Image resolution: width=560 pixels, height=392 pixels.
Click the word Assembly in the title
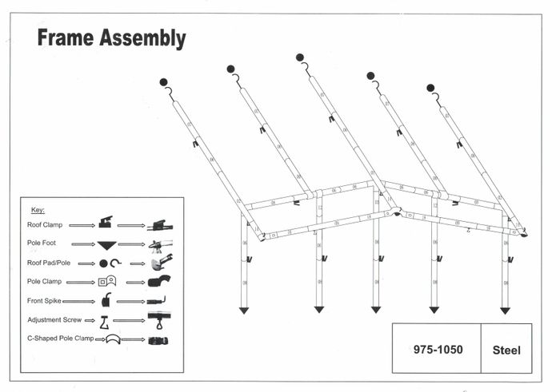click(144, 38)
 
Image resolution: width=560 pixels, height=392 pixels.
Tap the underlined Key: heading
click(38, 210)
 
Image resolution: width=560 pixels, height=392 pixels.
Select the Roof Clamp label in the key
click(45, 225)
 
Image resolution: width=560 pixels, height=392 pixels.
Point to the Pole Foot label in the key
click(43, 244)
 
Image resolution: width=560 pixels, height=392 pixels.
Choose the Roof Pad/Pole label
click(49, 263)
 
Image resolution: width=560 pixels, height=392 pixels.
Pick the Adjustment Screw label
click(52, 320)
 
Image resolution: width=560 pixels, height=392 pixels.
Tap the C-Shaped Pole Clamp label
click(60, 339)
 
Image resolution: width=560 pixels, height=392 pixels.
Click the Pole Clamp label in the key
click(44, 282)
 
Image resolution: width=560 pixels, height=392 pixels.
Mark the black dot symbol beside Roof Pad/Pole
click(103, 263)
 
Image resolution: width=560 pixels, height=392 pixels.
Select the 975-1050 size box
click(438, 350)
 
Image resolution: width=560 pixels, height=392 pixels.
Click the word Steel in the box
click(506, 350)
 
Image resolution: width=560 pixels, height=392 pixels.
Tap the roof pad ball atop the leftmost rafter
click(163, 82)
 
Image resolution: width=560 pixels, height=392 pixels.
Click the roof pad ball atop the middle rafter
click(299, 57)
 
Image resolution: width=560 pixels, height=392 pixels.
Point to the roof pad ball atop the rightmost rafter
click(430, 88)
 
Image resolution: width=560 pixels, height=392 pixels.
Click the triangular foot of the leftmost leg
click(244, 311)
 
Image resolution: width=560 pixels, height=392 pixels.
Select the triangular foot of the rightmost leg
click(505, 311)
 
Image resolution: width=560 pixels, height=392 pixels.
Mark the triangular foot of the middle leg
click(375, 310)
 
